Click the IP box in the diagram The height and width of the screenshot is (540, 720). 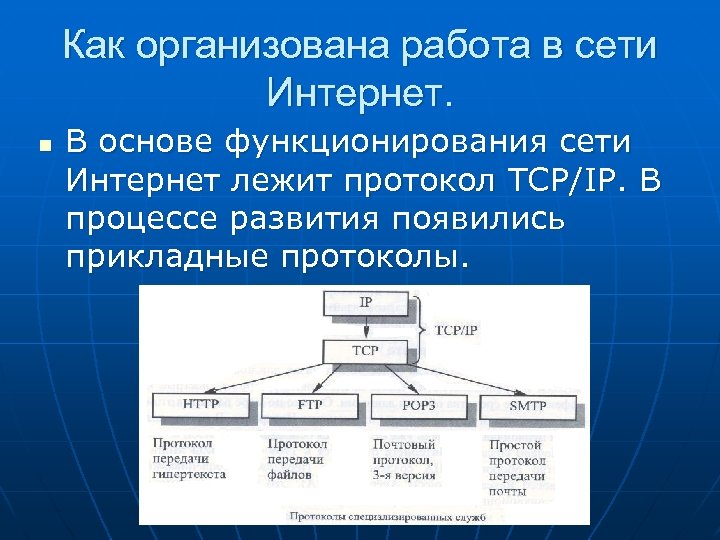point(365,303)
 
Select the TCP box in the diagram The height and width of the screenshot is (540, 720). point(365,351)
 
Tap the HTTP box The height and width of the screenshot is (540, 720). point(201,405)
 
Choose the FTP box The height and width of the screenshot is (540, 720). point(310,405)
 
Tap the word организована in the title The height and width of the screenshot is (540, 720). point(280,46)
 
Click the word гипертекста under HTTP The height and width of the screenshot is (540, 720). point(189,476)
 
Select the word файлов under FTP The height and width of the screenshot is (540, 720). point(290,476)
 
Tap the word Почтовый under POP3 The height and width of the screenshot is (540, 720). point(404,444)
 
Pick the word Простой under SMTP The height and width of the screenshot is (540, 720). point(515,444)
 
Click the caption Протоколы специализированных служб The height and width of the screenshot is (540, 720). point(387,517)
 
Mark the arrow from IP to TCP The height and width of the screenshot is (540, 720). point(365,327)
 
